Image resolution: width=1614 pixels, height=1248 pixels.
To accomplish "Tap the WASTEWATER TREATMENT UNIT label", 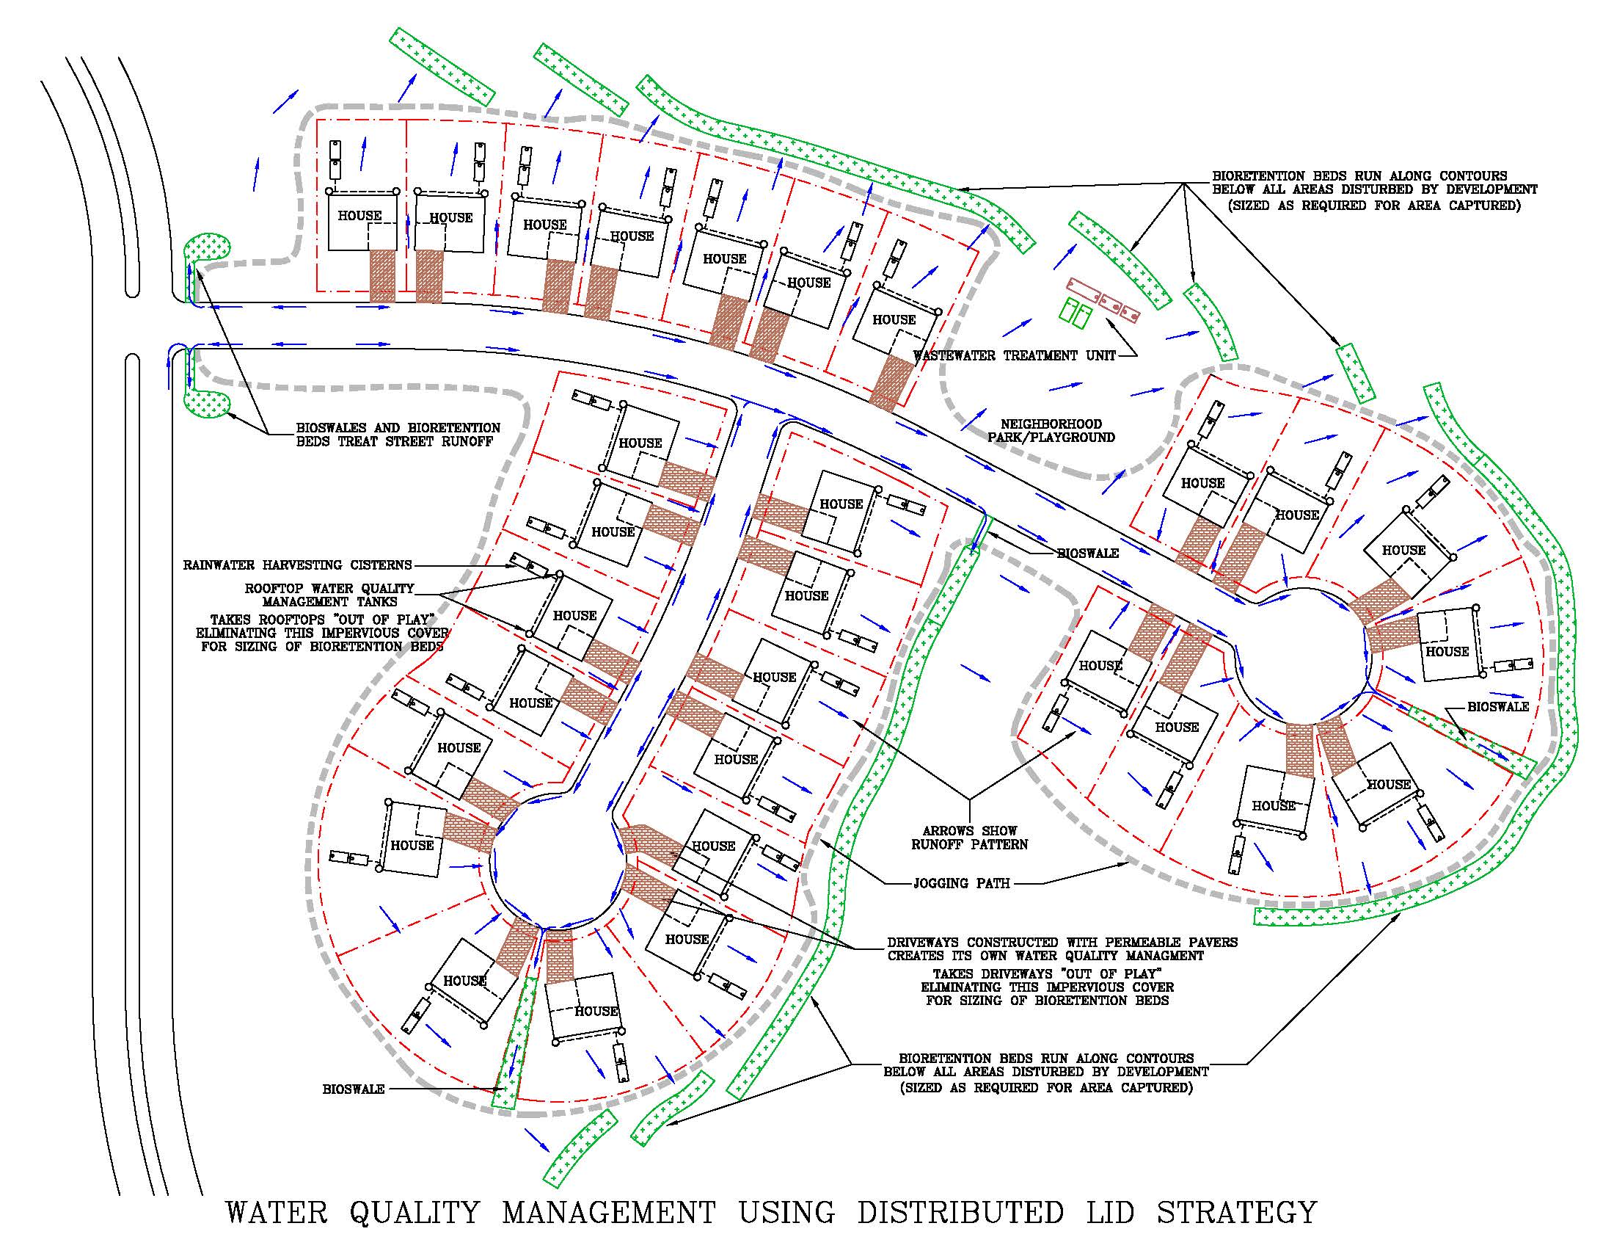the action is (1014, 355).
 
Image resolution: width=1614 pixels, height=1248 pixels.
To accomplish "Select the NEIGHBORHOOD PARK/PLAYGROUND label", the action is (1051, 430).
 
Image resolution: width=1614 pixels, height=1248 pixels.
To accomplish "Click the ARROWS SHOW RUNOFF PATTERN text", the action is (970, 837).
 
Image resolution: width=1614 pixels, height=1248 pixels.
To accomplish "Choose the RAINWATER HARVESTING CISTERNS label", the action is (297, 565).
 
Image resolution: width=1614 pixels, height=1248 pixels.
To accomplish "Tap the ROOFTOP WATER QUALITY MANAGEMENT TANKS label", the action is (329, 595).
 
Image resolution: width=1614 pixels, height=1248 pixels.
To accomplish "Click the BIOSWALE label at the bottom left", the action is (354, 1089).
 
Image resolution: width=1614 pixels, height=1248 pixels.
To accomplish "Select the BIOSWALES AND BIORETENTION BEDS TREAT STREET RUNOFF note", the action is (398, 435).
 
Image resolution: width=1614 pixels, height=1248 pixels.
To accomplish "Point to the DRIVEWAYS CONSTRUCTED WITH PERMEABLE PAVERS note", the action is (1062, 948).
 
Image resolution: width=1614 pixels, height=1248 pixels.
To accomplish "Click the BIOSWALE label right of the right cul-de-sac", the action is (1498, 707).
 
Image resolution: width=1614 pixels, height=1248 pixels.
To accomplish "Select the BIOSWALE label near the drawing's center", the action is (1088, 553).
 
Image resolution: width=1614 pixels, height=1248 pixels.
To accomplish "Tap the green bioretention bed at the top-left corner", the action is (442, 66).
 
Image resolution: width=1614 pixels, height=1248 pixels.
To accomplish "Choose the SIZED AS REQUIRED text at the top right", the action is (1375, 206).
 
